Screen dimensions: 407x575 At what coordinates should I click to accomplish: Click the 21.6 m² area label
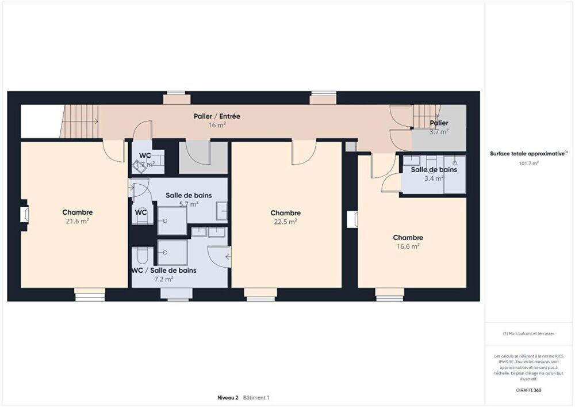pos(78,220)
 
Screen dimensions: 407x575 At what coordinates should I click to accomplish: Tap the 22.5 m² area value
pos(286,221)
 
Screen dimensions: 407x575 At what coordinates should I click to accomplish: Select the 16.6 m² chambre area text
pos(408,246)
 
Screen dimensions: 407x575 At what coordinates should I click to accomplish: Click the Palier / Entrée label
pos(217,116)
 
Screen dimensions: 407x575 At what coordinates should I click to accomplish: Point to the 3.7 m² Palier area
pos(439,131)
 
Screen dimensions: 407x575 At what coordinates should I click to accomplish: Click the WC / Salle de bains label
pos(164,270)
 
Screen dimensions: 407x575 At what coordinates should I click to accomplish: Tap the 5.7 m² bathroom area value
pos(189,204)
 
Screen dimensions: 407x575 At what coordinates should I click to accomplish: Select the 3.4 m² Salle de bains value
pos(434,178)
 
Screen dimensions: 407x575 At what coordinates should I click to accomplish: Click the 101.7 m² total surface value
pos(528,163)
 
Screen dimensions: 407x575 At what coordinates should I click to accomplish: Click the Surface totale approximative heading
pos(528,154)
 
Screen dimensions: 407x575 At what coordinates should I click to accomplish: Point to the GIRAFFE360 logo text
pos(528,390)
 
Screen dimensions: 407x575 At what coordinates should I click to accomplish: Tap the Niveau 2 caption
pos(228,398)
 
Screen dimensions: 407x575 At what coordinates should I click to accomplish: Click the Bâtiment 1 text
pos(256,398)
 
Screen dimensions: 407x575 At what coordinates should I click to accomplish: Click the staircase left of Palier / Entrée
pos(79,121)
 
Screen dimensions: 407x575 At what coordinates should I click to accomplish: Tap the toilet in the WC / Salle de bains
pos(142,255)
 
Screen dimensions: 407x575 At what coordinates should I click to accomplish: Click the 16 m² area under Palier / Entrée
pos(217,125)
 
